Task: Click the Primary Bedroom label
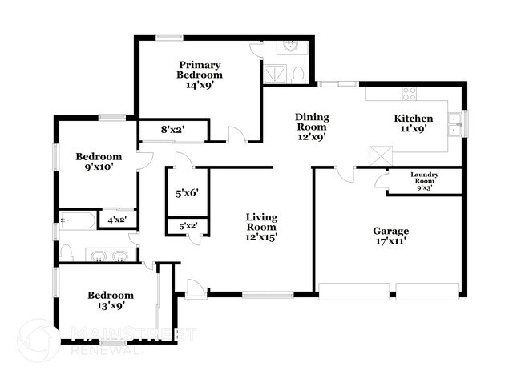tap(200, 70)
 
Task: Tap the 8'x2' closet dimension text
tap(173, 128)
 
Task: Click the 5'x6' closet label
tap(186, 192)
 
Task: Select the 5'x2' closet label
tap(188, 227)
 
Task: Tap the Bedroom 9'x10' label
tap(99, 162)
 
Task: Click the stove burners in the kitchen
tap(409, 92)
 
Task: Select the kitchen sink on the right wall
tap(455, 122)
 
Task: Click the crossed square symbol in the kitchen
tap(378, 155)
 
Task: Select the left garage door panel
tap(352, 290)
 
